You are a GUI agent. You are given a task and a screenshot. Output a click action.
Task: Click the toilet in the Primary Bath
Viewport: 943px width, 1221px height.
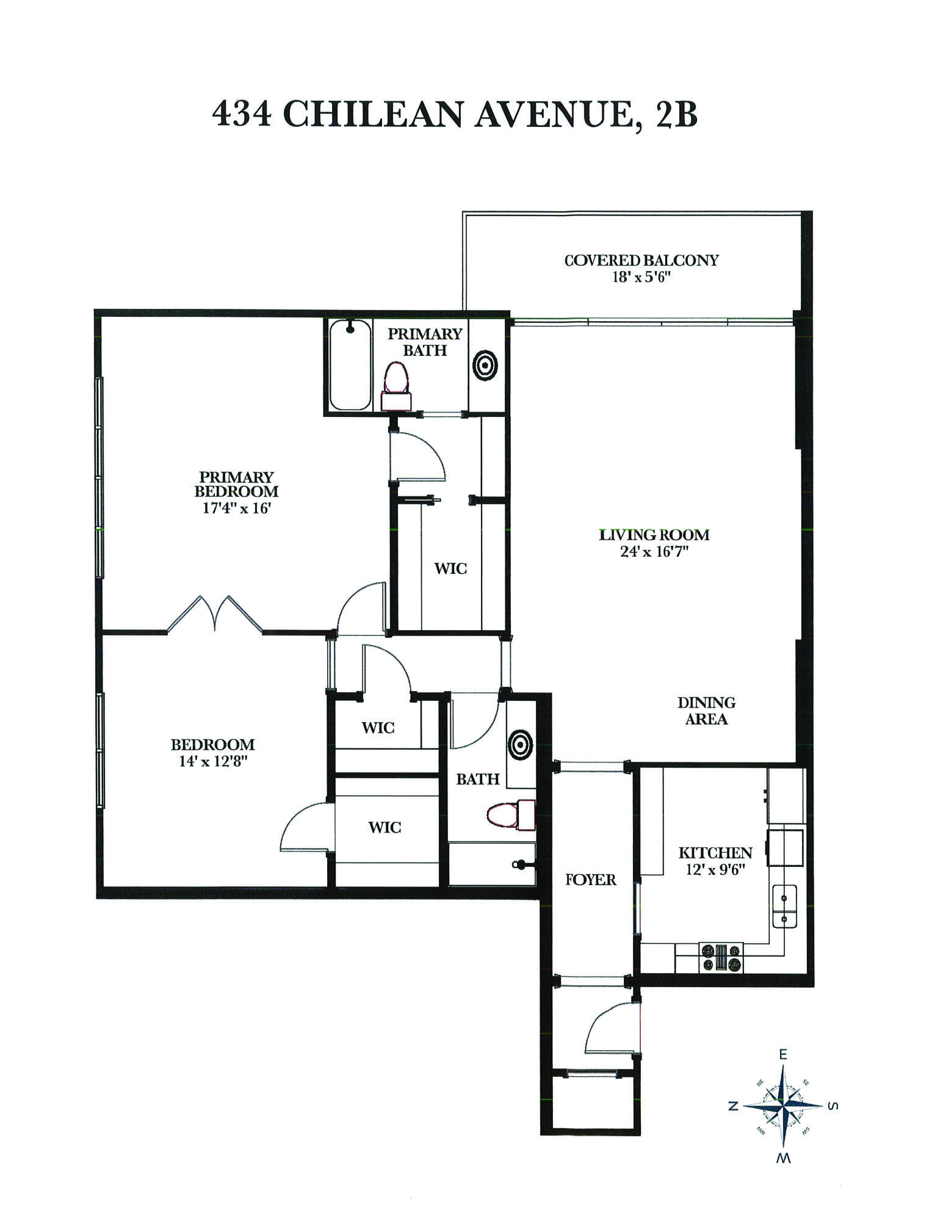[396, 386]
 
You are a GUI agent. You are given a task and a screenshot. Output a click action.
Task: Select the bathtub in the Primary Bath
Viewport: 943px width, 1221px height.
[350, 364]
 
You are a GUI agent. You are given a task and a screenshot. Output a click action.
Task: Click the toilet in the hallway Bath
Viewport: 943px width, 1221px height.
[511, 814]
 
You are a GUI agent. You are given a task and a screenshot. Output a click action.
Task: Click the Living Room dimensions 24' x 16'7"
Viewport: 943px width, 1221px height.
[654, 552]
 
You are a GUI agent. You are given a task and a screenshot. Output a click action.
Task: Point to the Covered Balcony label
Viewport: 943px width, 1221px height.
[641, 260]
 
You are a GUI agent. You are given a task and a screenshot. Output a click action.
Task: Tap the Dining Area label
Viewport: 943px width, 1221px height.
[706, 711]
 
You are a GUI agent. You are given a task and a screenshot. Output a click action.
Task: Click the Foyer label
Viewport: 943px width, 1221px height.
[590, 879]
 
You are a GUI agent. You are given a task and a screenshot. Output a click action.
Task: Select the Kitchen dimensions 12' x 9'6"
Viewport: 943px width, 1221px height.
[715, 869]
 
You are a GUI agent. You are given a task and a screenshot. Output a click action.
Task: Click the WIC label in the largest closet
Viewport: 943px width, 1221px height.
[450, 568]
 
